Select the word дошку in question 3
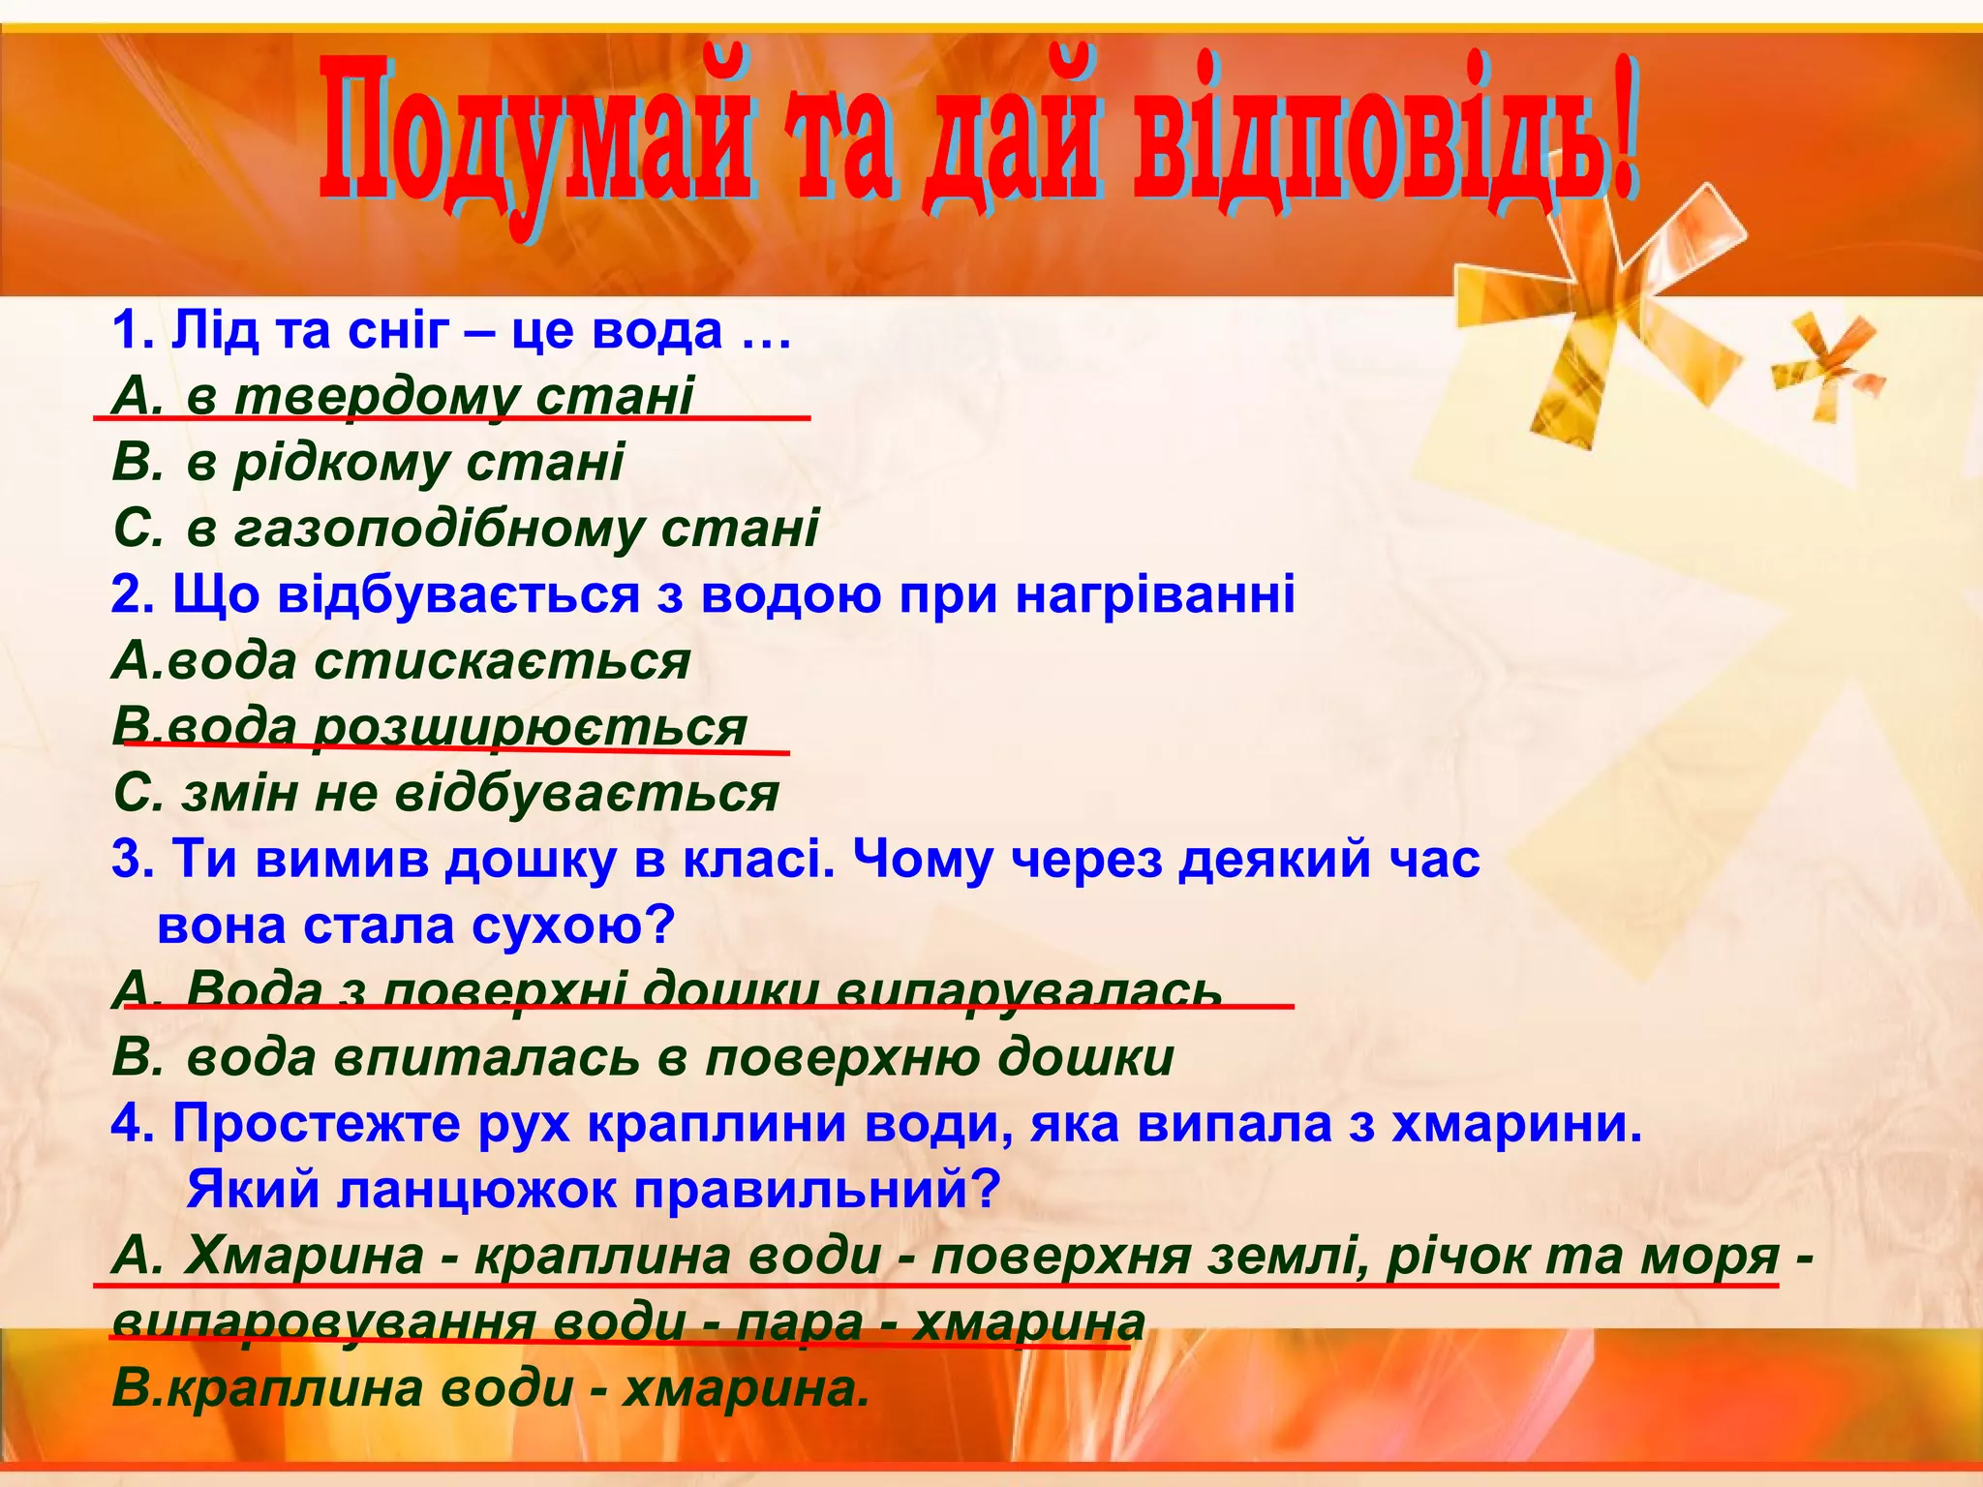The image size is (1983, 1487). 529,860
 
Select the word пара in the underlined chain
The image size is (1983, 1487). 800,1322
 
